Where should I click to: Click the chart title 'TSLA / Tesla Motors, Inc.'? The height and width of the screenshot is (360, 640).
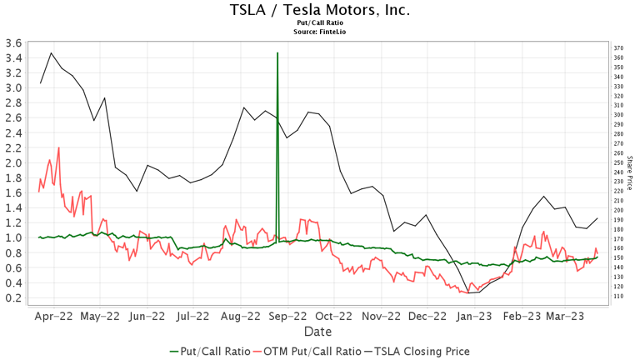[x=319, y=11]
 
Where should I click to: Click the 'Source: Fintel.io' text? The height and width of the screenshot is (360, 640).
[x=319, y=32]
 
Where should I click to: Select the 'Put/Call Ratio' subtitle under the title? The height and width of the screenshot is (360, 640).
[x=319, y=24]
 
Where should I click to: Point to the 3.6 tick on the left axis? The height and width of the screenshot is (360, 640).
[x=12, y=43]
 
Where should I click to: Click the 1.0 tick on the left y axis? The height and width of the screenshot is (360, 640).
[x=12, y=237]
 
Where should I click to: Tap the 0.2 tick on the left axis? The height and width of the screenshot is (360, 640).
[x=12, y=297]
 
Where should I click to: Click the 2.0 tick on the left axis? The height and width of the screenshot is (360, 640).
[x=12, y=163]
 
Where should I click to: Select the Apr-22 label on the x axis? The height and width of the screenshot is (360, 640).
[x=54, y=317]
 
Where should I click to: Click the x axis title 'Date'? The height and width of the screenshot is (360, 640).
[x=317, y=331]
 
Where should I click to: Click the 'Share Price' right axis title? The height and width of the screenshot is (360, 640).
[x=630, y=172]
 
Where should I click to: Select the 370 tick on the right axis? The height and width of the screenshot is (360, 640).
[x=617, y=48]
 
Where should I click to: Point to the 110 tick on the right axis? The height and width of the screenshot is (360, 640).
[x=617, y=296]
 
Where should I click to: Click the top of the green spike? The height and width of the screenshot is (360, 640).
[x=277, y=52]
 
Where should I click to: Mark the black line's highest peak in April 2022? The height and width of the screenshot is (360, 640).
[x=52, y=53]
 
